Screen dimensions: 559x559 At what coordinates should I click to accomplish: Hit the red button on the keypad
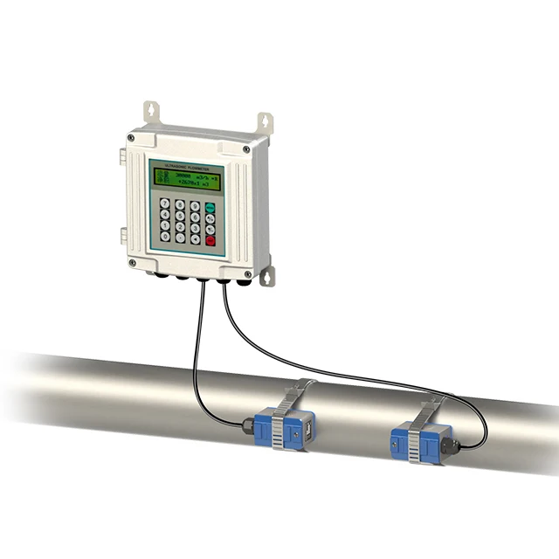pos(210,240)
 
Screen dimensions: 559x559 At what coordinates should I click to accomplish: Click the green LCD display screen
pos(184,181)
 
